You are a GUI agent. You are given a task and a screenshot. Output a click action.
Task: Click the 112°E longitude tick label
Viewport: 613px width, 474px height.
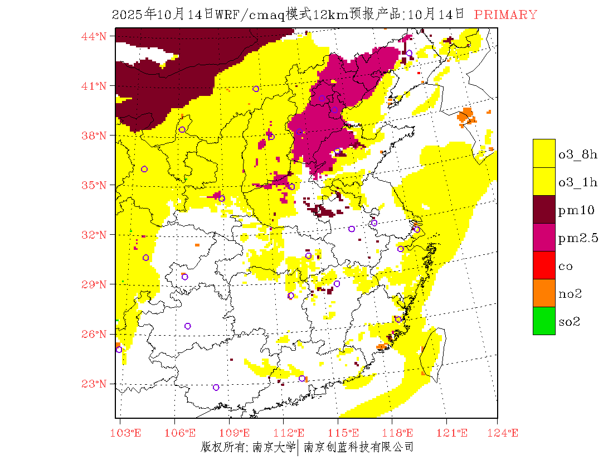pos(291,433)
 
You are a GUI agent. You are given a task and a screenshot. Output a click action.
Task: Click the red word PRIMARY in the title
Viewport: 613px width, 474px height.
pos(505,15)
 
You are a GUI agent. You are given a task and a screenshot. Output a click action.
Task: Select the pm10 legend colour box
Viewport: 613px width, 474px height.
pos(544,209)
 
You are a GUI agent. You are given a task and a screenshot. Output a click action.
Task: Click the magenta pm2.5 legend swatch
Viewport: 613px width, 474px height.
pos(544,237)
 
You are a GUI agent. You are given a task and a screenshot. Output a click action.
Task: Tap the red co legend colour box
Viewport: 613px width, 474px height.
pos(544,265)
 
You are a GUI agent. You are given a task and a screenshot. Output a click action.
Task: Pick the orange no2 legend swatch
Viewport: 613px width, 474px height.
pos(544,293)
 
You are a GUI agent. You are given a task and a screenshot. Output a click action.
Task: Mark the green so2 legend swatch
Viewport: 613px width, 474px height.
pos(544,321)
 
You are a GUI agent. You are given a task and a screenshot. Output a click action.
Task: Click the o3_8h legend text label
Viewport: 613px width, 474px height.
pos(578,154)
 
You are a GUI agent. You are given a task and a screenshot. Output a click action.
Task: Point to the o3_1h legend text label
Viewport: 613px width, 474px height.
pos(578,182)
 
